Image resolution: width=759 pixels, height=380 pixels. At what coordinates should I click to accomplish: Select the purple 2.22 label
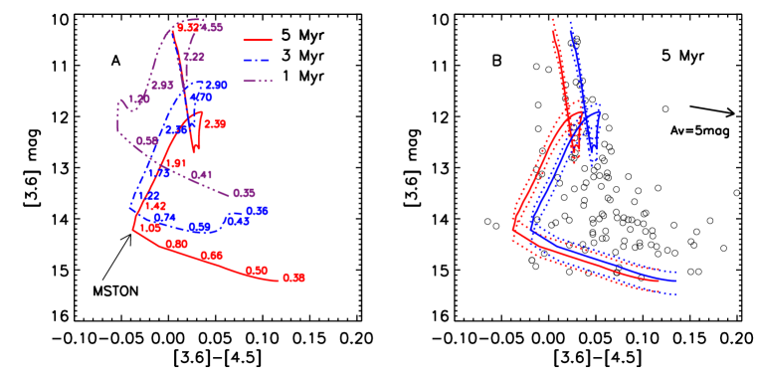(x=194, y=57)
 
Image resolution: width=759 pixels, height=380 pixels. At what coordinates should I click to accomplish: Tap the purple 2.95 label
(x=162, y=86)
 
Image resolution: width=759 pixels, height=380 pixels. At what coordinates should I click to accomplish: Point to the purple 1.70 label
(x=139, y=99)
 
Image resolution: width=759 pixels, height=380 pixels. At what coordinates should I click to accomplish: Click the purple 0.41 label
(x=202, y=175)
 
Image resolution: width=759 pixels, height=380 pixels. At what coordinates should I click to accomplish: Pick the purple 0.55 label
(x=244, y=193)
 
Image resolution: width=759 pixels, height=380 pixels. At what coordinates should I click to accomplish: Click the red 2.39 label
(x=215, y=124)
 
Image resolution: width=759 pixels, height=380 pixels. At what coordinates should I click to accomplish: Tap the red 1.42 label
(x=155, y=206)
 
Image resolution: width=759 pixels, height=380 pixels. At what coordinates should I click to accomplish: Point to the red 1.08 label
(x=150, y=228)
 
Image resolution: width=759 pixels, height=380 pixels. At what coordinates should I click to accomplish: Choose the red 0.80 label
(x=177, y=244)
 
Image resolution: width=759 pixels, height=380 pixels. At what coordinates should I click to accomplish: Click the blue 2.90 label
(x=216, y=86)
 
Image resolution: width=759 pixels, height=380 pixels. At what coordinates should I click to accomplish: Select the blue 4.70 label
(x=201, y=97)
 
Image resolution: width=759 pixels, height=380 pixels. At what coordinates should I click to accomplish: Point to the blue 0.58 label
(x=258, y=211)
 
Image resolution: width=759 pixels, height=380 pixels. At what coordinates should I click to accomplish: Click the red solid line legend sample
(x=258, y=41)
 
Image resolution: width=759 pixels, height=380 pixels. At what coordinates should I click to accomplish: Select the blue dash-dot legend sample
(x=258, y=61)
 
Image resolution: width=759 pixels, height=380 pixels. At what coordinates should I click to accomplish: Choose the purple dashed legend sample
(x=258, y=81)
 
